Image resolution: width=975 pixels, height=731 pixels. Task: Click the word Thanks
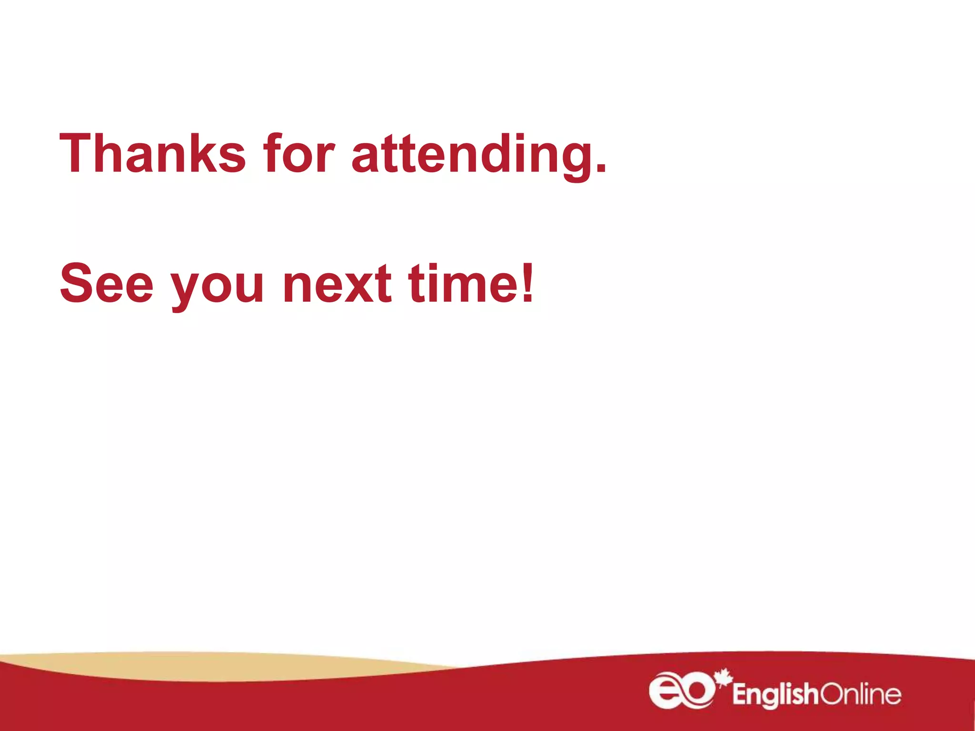tap(152, 153)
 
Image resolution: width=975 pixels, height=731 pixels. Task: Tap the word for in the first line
tap(299, 153)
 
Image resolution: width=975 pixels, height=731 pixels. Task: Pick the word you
tap(217, 288)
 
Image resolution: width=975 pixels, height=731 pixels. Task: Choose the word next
tap(337, 285)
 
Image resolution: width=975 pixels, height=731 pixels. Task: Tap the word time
tap(463, 284)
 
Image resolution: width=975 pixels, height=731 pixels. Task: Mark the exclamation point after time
tap(527, 284)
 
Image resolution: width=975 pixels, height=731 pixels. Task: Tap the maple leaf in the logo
tap(724, 678)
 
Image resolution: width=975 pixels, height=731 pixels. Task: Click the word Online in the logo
tap(860, 695)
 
